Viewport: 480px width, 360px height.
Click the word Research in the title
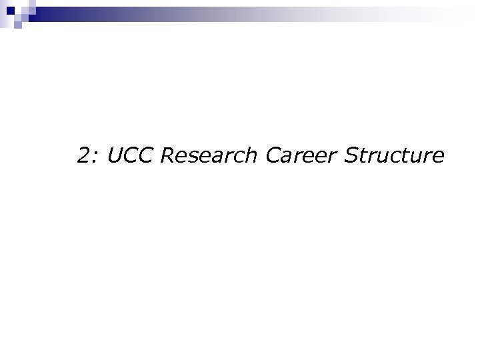210,156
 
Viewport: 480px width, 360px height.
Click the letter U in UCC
115,156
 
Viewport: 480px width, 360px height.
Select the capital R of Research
168,156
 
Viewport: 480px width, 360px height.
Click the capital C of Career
273,156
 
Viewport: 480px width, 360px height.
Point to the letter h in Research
251,156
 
